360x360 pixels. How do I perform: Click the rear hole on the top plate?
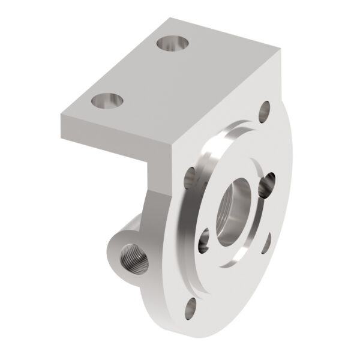(172, 44)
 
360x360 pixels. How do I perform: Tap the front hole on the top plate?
(108, 101)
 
